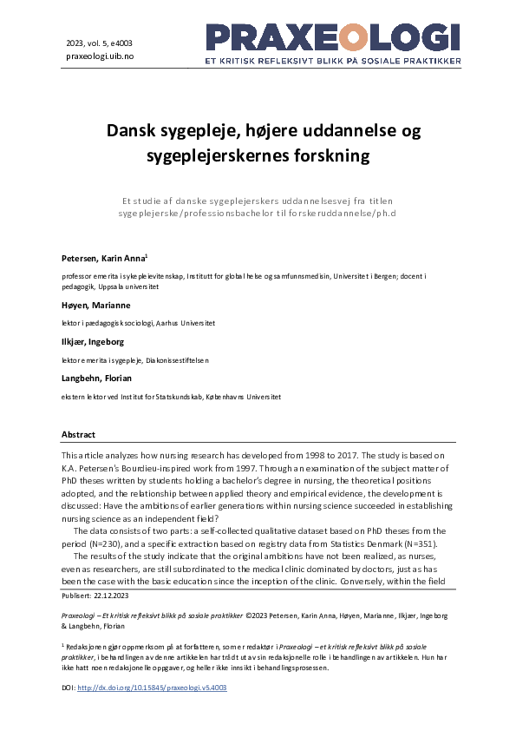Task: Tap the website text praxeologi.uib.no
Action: [x=101, y=56]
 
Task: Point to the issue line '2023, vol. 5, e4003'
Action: [x=99, y=42]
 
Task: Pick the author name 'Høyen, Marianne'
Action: [x=96, y=306]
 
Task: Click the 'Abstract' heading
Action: [x=78, y=434]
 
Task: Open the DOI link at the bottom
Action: [x=152, y=687]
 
